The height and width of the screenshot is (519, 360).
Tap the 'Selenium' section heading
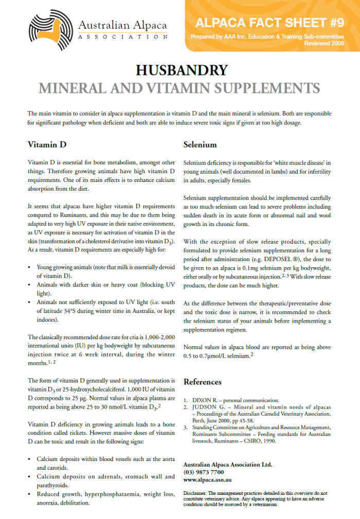[200, 144]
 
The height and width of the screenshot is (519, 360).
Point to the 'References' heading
[203, 382]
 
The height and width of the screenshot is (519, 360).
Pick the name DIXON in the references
[204, 399]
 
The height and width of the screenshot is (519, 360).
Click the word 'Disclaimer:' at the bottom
[196, 493]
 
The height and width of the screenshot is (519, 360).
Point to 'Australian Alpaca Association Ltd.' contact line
[227, 465]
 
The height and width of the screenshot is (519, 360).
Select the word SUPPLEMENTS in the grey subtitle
[262, 87]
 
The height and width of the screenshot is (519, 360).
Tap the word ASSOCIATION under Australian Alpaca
[122, 37]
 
